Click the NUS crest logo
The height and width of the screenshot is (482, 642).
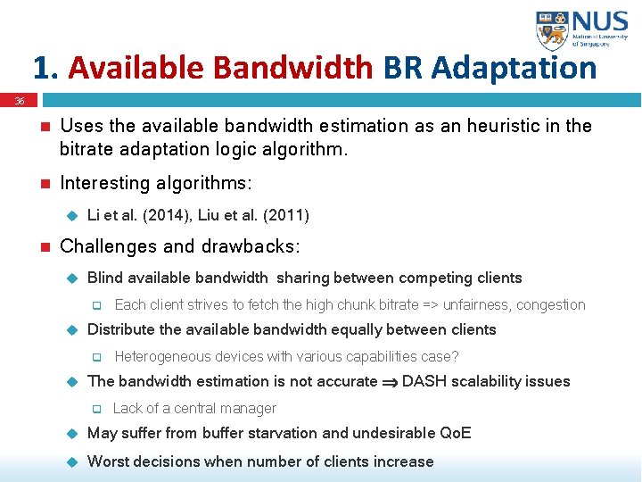[x=552, y=30]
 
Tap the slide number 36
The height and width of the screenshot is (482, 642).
[x=19, y=102]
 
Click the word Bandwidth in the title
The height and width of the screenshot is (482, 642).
[x=294, y=68]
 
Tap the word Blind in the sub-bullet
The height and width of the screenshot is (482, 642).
[x=105, y=278]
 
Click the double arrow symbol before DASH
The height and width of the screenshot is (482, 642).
[x=390, y=382]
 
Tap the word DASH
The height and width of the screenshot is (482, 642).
[x=423, y=381]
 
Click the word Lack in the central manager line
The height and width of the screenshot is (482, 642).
[x=128, y=408]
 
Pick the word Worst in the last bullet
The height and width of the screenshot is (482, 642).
[x=108, y=461]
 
